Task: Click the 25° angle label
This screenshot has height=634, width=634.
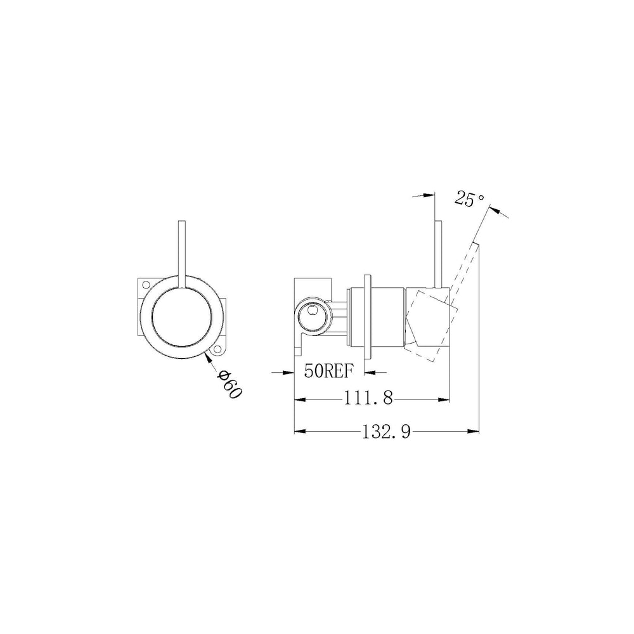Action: (469, 198)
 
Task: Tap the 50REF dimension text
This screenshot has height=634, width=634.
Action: (329, 371)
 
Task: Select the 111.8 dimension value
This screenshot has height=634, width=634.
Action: (368, 399)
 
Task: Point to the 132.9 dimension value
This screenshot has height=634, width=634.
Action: (385, 432)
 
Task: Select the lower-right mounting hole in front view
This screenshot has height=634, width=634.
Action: (218, 349)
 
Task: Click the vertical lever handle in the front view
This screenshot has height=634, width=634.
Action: (181, 255)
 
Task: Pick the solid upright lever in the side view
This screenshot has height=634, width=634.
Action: (438, 255)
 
